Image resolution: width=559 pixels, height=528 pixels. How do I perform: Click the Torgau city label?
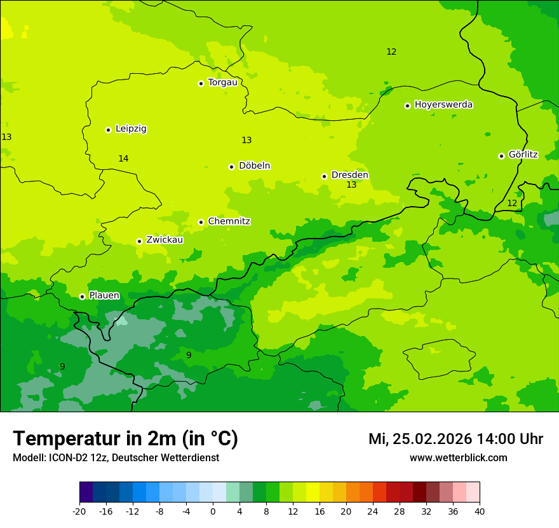pyautogui.click(x=222, y=83)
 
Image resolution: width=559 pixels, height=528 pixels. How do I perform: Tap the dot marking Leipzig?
pyautogui.click(x=108, y=130)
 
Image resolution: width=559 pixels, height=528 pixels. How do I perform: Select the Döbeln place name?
pyautogui.click(x=254, y=166)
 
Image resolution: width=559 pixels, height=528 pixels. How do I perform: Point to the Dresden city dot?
pyautogui.click(x=324, y=176)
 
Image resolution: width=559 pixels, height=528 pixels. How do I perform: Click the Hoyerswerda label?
pyautogui.click(x=443, y=105)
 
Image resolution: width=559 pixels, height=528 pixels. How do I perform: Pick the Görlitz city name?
pyautogui.click(x=523, y=155)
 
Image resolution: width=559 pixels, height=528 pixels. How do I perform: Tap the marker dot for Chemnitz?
pyautogui.click(x=201, y=222)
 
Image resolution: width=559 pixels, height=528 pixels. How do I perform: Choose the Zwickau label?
pyautogui.click(x=165, y=240)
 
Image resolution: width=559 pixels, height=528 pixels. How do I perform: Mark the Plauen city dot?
pyautogui.click(x=82, y=296)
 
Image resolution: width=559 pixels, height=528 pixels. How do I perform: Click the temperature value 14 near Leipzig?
pyautogui.click(x=123, y=158)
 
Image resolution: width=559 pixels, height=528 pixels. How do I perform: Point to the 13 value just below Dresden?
pyautogui.click(x=351, y=185)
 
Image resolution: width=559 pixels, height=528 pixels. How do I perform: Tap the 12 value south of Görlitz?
pyautogui.click(x=512, y=203)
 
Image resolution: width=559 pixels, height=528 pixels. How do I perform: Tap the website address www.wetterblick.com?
pyautogui.click(x=458, y=457)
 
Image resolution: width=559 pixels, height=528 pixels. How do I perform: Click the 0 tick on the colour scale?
pyautogui.click(x=213, y=511)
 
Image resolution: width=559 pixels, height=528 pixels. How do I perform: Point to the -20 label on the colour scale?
pyautogui.click(x=79, y=511)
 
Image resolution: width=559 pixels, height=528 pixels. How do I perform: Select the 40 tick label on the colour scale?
pyautogui.click(x=480, y=511)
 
